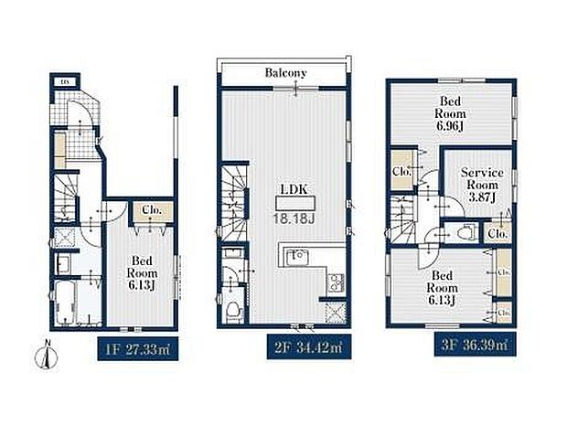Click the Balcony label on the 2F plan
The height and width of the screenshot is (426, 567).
[285, 72]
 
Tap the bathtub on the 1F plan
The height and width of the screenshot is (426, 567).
[67, 302]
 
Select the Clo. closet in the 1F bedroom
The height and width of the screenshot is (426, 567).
[150, 211]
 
